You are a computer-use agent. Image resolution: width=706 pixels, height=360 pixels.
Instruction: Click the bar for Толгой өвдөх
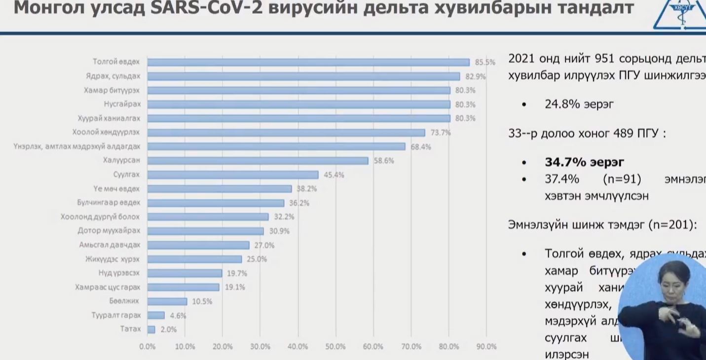tap(308, 62)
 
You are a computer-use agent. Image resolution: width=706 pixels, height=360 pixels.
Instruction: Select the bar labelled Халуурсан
tap(258, 161)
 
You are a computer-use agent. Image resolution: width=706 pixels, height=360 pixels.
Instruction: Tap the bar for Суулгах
tap(232, 175)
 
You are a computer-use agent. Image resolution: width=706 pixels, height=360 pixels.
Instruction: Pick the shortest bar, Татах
tap(151, 329)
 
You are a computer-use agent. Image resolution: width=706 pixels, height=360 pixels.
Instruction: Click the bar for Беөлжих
tap(167, 301)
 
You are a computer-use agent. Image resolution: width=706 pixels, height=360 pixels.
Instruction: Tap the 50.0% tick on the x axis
tap(335, 347)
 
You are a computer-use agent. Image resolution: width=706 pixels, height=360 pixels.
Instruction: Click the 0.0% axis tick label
tap(147, 347)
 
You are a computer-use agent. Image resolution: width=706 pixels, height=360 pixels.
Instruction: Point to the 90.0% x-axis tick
tap(486, 347)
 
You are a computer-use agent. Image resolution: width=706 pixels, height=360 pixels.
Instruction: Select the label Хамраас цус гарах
tap(108, 287)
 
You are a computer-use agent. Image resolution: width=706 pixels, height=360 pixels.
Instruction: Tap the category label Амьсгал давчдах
tap(110, 245)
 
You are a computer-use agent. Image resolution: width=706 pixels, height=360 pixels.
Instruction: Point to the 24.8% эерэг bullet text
tap(579, 104)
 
